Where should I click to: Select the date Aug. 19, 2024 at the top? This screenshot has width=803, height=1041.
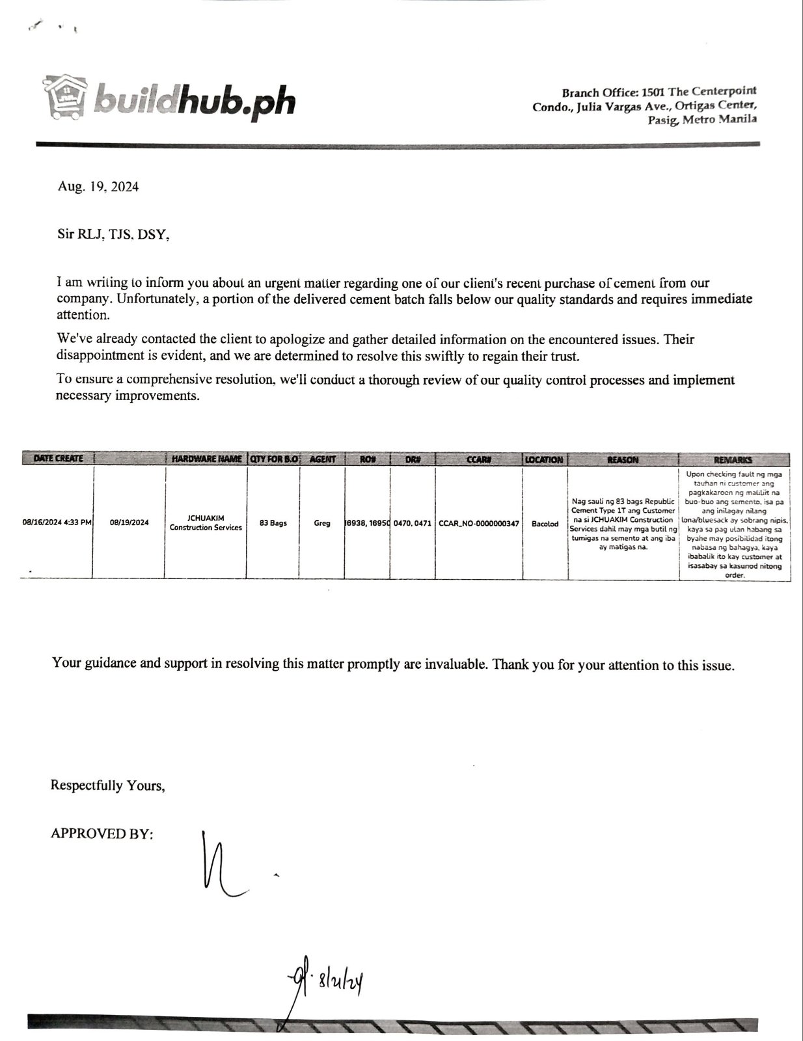pyautogui.click(x=98, y=187)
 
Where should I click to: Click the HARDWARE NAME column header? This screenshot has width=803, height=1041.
pyautogui.click(x=206, y=459)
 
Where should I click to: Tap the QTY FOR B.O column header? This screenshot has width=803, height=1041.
pyautogui.click(x=273, y=459)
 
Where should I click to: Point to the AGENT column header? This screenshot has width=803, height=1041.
pyautogui.click(x=322, y=459)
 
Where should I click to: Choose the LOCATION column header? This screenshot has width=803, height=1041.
pyautogui.click(x=545, y=459)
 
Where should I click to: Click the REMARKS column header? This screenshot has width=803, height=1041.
pyautogui.click(x=733, y=459)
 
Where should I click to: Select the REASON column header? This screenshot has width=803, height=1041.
pyautogui.click(x=622, y=459)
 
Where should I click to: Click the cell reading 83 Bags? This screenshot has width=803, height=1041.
pyautogui.click(x=273, y=523)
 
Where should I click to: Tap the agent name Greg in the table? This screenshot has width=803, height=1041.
pyautogui.click(x=322, y=523)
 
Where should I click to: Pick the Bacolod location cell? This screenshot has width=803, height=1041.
pyautogui.click(x=545, y=524)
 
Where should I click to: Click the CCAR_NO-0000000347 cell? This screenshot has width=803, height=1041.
pyautogui.click(x=479, y=523)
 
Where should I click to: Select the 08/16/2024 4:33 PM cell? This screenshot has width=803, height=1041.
pyautogui.click(x=57, y=522)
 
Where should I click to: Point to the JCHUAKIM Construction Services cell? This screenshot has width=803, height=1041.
pyautogui.click(x=206, y=522)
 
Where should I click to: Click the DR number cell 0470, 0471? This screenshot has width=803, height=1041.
pyautogui.click(x=413, y=523)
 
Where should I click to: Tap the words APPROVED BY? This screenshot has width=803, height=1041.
pyautogui.click(x=102, y=833)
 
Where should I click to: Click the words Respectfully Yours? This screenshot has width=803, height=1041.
pyautogui.click(x=108, y=785)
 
